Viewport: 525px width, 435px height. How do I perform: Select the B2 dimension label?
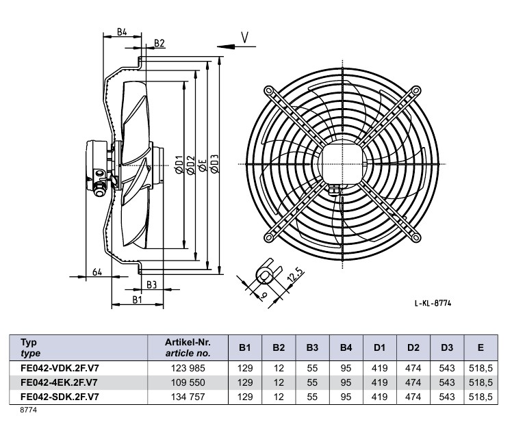point(159,43)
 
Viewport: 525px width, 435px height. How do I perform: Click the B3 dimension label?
point(152,284)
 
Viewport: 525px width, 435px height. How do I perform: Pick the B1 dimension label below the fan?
point(137,300)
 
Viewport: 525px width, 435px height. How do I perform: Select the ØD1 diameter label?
point(180,163)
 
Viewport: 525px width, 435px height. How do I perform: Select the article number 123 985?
point(188,368)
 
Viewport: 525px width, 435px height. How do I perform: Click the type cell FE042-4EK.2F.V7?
point(59,382)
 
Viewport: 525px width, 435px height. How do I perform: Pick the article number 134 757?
point(188,397)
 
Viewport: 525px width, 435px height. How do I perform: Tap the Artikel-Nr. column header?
point(188,347)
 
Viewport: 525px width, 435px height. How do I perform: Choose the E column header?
point(481,348)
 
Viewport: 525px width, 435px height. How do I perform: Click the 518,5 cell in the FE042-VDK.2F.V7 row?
point(481,368)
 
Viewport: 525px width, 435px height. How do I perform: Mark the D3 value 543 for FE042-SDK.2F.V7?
point(447,397)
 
